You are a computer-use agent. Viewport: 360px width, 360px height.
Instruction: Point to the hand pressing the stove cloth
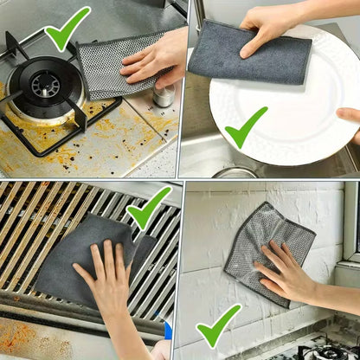[x=156, y=56]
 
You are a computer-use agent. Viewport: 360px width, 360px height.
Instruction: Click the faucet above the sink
[x=198, y=17]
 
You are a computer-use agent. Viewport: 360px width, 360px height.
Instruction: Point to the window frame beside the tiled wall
[x=350, y=225]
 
